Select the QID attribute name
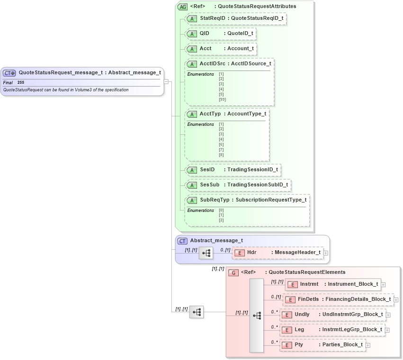(x=204, y=34)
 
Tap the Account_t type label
(x=241, y=49)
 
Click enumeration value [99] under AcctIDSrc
(x=222, y=99)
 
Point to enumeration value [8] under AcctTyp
(x=221, y=155)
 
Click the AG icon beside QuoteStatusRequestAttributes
(x=182, y=7)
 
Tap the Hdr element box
(x=278, y=253)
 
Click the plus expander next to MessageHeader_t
(x=326, y=253)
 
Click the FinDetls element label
(x=308, y=299)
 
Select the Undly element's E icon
(x=287, y=315)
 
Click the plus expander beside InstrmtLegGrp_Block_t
(x=387, y=330)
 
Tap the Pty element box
(x=322, y=345)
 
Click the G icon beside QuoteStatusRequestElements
(x=233, y=272)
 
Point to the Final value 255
(x=21, y=83)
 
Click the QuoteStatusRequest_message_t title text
(x=60, y=73)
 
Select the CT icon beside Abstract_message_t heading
(x=182, y=241)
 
